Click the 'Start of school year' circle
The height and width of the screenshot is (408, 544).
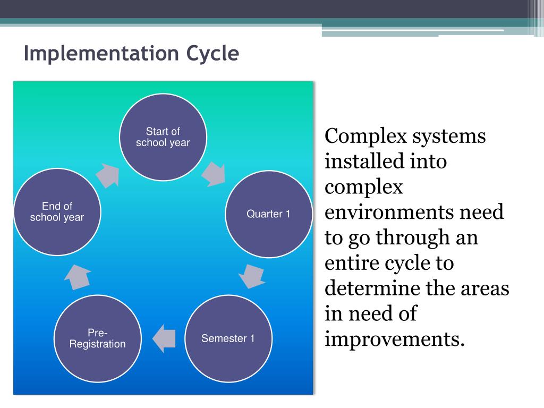click(163, 137)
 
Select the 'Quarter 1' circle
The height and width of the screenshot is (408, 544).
click(268, 214)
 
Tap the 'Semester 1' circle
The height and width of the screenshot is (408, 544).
click(228, 338)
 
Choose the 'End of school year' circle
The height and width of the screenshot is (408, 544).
click(57, 211)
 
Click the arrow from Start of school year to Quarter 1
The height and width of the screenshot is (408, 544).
click(214, 173)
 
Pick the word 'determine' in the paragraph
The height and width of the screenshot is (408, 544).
click(372, 288)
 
